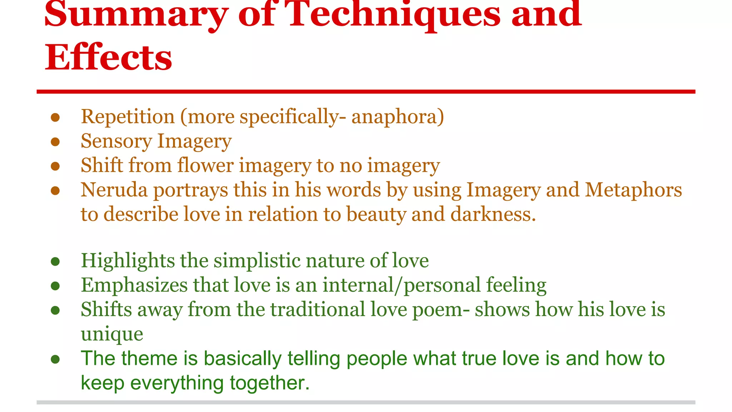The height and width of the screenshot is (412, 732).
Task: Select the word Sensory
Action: point(116,141)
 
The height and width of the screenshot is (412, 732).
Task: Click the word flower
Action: point(205,166)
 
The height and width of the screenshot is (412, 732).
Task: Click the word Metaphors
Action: point(633,190)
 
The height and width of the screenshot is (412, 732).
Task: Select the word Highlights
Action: point(128,261)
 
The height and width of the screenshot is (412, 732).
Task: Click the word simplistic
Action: point(257,261)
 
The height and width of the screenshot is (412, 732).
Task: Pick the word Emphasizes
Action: point(134,285)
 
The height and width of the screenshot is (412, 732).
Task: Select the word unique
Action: point(112,334)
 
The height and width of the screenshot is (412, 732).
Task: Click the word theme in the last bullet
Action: point(149,358)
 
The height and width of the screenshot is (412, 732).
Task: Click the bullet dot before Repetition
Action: point(55,118)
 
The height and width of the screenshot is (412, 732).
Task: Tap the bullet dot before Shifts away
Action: point(55,310)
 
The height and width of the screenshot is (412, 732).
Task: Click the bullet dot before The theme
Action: point(55,359)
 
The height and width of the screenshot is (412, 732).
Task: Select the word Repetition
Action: point(128,117)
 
